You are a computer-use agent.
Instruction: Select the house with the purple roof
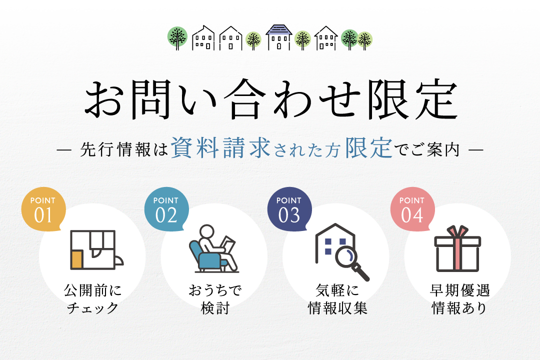tap(278, 37)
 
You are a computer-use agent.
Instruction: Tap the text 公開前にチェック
tap(92, 298)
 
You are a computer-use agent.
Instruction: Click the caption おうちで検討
tap(214, 298)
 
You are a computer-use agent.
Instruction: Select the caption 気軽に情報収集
tap(337, 298)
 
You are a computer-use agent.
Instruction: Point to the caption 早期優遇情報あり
tap(459, 298)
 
